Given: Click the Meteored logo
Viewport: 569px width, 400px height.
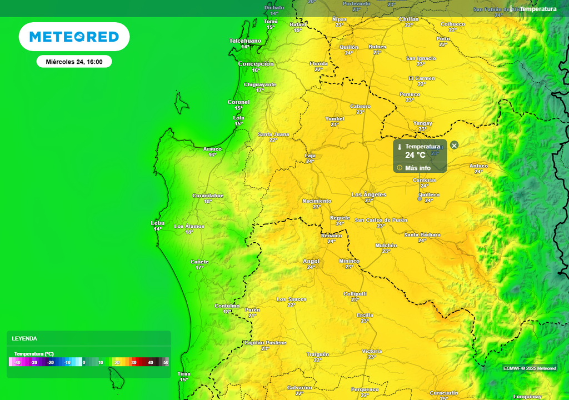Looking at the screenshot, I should (x=74, y=37).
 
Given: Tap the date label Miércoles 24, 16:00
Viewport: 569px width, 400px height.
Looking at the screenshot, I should (x=74, y=62).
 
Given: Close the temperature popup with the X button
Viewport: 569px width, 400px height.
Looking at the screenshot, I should (x=454, y=145).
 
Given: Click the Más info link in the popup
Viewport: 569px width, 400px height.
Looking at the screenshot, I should (x=417, y=168).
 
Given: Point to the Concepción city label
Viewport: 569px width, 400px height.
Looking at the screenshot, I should (x=256, y=64).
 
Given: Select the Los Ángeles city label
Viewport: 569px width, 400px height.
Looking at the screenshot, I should (x=368, y=194).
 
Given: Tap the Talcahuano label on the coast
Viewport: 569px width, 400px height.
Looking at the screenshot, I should (x=245, y=41).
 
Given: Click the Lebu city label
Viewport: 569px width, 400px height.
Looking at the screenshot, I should (x=158, y=223).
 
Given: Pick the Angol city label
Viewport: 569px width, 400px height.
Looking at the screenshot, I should (x=311, y=261).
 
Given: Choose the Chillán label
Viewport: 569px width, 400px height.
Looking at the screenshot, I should (x=409, y=19).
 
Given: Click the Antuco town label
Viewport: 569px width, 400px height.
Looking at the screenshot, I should (x=478, y=166).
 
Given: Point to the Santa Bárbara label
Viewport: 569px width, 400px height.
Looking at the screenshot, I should (x=422, y=234).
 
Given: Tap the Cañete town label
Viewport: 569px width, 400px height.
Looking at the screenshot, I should (x=199, y=262).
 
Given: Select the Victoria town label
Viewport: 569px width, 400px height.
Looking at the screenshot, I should (x=372, y=351).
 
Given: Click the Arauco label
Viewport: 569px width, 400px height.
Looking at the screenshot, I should (x=212, y=149).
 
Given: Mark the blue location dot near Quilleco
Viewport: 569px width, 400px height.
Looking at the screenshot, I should (x=420, y=198).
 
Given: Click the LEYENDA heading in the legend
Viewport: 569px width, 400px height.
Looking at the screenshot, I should (x=24, y=338).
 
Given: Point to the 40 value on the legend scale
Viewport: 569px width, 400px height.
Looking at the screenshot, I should (x=150, y=362).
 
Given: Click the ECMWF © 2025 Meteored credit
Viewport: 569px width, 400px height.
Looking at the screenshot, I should (x=530, y=368).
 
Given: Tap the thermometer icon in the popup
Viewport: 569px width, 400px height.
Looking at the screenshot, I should (x=399, y=147).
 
